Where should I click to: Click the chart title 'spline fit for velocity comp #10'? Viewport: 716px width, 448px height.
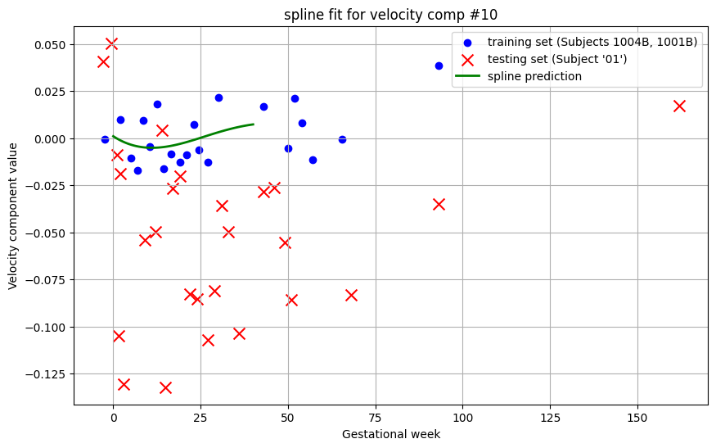[390, 14]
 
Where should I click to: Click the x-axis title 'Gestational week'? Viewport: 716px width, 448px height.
[390, 434]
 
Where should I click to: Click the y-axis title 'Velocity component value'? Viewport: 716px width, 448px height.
[13, 215]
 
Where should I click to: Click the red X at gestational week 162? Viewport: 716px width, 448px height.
[679, 106]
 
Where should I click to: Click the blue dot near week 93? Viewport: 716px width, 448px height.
[439, 66]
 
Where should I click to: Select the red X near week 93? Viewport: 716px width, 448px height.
[439, 204]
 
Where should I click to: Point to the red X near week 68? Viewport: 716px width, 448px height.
[351, 295]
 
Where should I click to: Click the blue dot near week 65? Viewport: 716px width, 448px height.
[342, 139]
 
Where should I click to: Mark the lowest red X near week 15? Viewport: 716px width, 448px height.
[165, 387]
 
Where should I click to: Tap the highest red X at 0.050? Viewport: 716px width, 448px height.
[111, 43]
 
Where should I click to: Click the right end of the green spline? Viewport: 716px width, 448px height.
[253, 124]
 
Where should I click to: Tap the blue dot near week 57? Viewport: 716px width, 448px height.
[313, 160]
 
